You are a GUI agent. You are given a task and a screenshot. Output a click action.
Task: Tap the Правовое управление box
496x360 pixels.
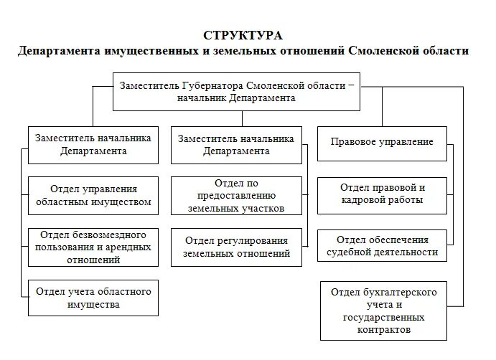click(382, 142)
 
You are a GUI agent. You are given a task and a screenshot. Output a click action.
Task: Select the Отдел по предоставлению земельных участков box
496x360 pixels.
click(236, 195)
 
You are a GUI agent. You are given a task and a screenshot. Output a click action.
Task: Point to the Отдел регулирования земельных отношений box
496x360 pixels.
click(236, 247)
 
